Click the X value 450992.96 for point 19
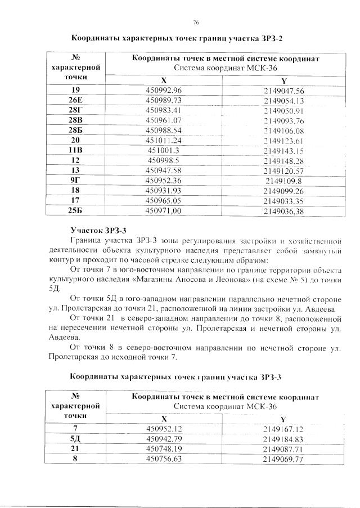(164, 91)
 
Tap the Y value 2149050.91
(283, 110)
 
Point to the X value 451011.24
(164, 140)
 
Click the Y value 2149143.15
(283, 150)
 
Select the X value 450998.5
(164, 160)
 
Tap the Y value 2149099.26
(283, 191)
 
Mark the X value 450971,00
(164, 210)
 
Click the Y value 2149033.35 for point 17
(283, 200)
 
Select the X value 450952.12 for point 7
(164, 429)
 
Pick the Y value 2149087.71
(283, 449)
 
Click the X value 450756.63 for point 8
(164, 459)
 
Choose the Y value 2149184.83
(283, 439)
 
